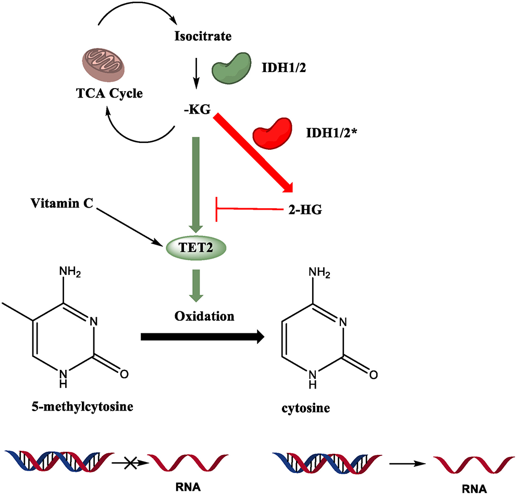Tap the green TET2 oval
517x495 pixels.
click(x=196, y=248)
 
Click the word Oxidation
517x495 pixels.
click(x=197, y=316)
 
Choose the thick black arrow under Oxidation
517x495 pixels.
click(x=201, y=337)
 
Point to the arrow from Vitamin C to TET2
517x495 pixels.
click(x=128, y=224)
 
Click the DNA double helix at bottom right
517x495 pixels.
click(x=325, y=461)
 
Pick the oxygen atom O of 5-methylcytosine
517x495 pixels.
click(x=124, y=374)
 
